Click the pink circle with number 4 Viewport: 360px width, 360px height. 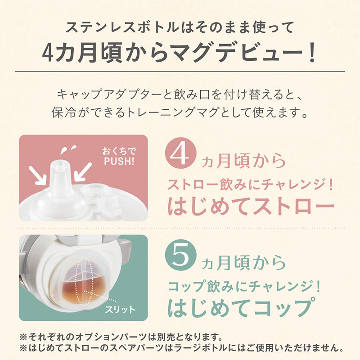point(181,153)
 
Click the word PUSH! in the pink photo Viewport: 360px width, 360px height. point(119,162)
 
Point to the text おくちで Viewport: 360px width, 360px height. point(119,151)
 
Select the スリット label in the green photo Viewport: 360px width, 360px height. point(120,310)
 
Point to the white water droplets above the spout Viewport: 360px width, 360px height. point(68,149)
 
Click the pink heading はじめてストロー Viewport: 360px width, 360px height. point(251,206)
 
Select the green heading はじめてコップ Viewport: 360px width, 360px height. point(242,308)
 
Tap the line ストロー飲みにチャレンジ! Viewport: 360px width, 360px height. point(251,185)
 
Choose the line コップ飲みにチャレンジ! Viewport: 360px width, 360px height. point(244,287)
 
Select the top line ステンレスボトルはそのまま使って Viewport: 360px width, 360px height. point(180,27)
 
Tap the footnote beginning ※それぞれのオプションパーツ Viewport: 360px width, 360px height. point(121,337)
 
